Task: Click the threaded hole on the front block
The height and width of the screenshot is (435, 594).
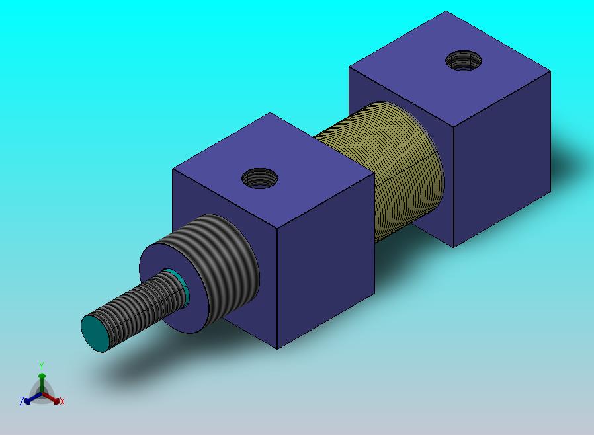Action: pos(259,178)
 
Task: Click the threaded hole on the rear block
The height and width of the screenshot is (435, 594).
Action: pos(464,61)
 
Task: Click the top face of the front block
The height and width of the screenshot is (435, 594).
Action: pos(273,171)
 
